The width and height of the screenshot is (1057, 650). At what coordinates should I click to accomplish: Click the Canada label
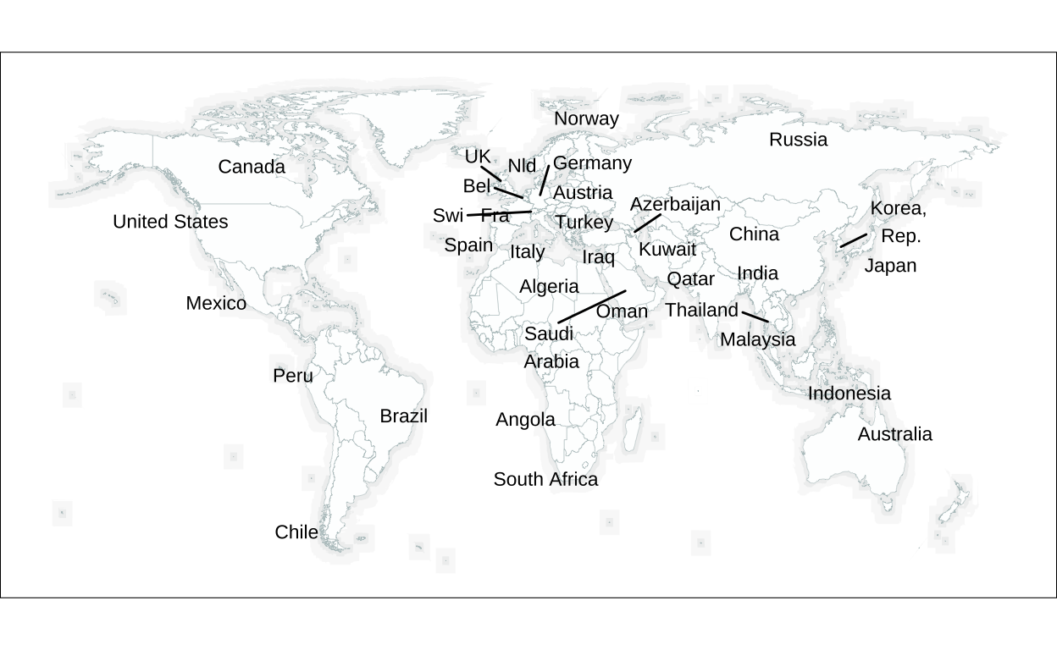pyautogui.click(x=252, y=167)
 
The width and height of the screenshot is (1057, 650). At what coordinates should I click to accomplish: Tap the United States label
pyautogui.click(x=170, y=222)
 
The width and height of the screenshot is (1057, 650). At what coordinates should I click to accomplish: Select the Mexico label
pyautogui.click(x=216, y=303)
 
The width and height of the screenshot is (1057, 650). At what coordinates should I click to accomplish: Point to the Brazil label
pyautogui.click(x=403, y=416)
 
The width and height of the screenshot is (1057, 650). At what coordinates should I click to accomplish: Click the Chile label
pyautogui.click(x=296, y=532)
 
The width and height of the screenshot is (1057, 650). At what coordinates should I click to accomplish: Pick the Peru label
pyautogui.click(x=293, y=375)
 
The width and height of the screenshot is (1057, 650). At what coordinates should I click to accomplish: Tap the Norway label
pyautogui.click(x=586, y=118)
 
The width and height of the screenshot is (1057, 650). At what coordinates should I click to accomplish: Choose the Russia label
pyautogui.click(x=798, y=140)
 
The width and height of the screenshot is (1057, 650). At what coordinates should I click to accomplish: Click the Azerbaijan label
pyautogui.click(x=675, y=204)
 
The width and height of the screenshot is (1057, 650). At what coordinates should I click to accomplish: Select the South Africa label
pyautogui.click(x=545, y=479)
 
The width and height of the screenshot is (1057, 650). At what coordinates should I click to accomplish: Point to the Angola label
pyautogui.click(x=525, y=419)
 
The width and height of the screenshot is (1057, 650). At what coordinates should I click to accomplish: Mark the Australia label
pyautogui.click(x=894, y=434)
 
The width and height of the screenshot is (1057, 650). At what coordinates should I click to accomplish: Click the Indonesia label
pyautogui.click(x=849, y=393)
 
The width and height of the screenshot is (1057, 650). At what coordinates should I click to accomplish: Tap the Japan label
pyautogui.click(x=890, y=266)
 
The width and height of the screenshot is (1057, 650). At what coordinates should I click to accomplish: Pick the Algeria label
pyautogui.click(x=549, y=286)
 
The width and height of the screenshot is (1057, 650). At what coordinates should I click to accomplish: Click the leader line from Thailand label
pyautogui.click(x=755, y=317)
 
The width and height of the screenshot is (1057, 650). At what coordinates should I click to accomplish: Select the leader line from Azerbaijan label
pyautogui.click(x=647, y=223)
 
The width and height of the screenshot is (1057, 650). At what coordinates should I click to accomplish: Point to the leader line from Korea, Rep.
pyautogui.click(x=853, y=240)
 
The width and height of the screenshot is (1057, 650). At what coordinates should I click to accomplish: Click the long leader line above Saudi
pyautogui.click(x=592, y=306)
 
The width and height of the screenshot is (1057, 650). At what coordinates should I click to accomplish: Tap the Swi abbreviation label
pyautogui.click(x=447, y=216)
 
